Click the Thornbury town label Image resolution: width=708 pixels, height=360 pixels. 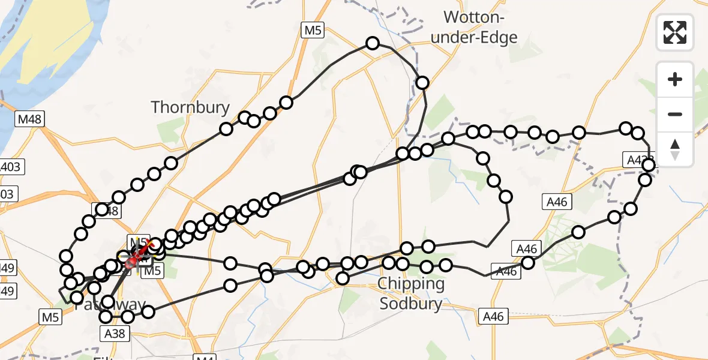tap(190, 107)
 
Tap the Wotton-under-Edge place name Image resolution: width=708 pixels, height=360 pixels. tap(480, 27)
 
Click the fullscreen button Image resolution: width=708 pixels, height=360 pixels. tap(675, 32)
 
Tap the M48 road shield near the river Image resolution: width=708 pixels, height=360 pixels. tap(29, 119)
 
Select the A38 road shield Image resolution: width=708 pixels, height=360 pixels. tap(114, 334)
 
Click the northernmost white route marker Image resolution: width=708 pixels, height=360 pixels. tap(373, 43)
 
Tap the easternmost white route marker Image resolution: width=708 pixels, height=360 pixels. tap(648, 164)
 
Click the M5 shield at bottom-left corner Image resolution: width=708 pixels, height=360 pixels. tap(50, 316)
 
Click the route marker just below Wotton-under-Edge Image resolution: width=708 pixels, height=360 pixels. tap(422, 83)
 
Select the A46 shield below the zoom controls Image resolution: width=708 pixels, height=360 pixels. tap(556, 202)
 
